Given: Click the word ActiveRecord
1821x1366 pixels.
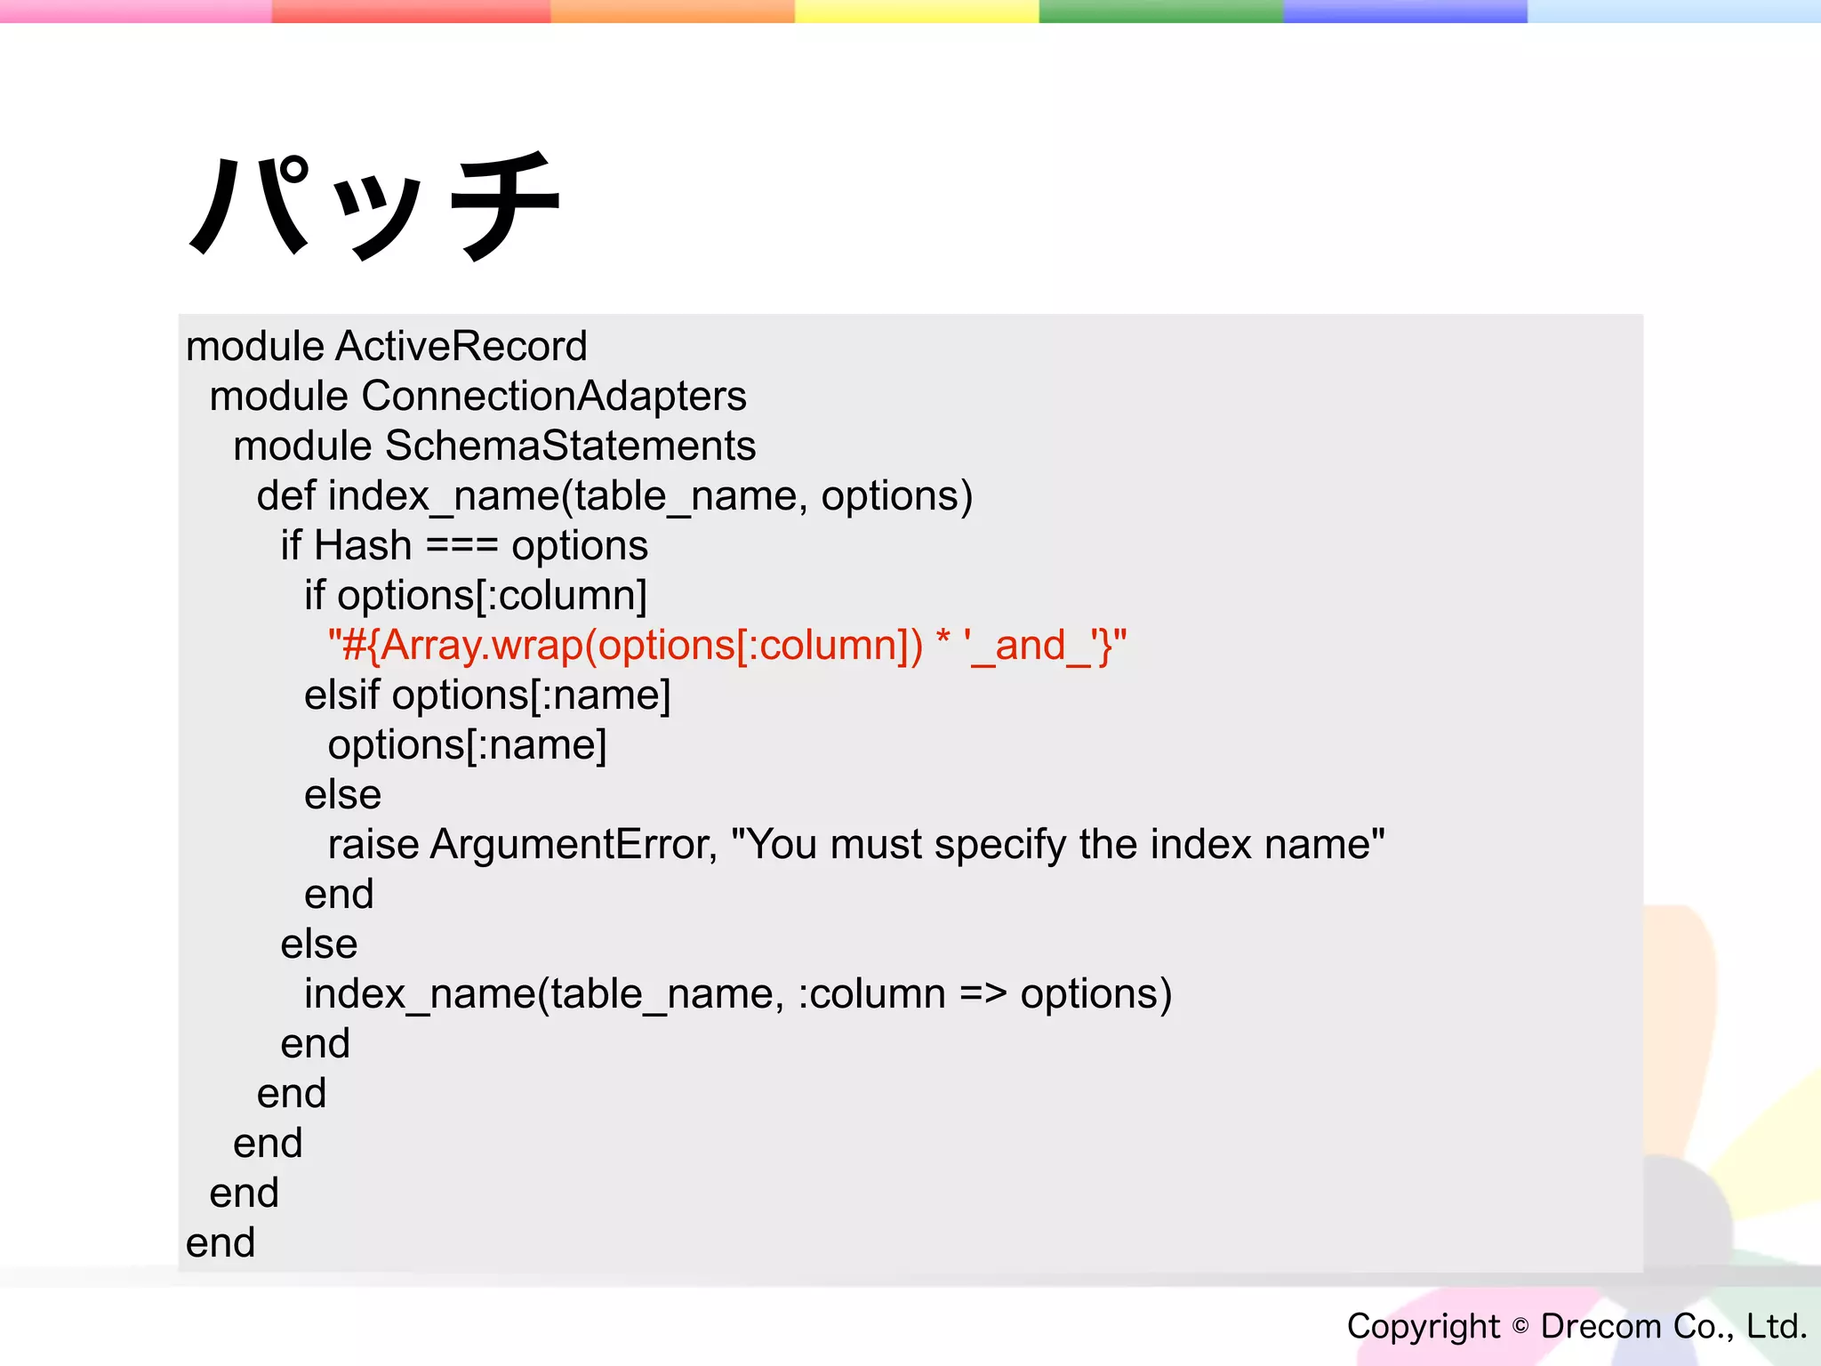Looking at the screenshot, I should point(461,346).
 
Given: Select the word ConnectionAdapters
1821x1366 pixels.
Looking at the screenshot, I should point(553,396).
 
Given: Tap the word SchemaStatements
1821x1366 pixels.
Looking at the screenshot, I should point(570,446).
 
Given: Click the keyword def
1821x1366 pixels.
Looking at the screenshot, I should point(285,495).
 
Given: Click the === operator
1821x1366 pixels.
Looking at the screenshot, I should point(461,545).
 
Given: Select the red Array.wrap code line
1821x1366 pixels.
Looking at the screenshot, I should point(726,645).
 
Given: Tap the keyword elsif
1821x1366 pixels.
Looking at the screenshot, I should point(341,695).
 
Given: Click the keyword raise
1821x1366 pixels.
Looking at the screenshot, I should point(373,844).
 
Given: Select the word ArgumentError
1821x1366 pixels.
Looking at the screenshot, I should point(573,844).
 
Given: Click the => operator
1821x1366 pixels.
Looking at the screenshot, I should point(983,993).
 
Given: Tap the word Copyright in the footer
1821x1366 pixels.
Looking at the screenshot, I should point(1423,1326).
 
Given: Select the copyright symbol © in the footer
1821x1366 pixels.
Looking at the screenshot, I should point(1520,1326).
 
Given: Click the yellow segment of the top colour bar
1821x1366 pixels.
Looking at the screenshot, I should point(916,11).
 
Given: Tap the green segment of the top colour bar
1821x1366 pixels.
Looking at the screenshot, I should point(1160,11).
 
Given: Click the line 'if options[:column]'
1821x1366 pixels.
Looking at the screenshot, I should point(475,595).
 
